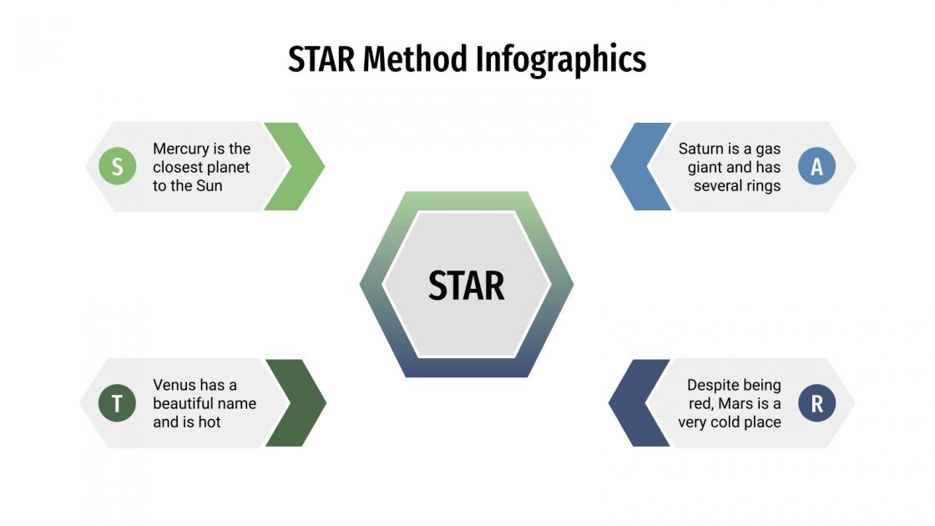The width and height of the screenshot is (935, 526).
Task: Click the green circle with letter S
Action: [x=117, y=167]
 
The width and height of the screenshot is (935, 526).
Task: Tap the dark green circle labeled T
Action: [x=117, y=403]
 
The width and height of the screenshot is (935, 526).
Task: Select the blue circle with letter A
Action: [x=816, y=167]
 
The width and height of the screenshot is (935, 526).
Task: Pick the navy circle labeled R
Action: [x=816, y=403]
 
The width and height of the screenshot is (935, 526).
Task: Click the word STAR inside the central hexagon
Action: [x=467, y=286]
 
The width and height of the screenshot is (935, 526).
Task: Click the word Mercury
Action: [x=180, y=149]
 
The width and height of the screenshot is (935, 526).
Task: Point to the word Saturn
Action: [x=702, y=149]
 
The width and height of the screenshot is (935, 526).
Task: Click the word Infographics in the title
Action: [x=561, y=60]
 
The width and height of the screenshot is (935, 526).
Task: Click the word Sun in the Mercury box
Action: [x=209, y=185]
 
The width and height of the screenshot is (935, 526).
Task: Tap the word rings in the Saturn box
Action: [x=761, y=185]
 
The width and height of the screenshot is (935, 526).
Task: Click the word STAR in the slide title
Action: [x=321, y=60]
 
